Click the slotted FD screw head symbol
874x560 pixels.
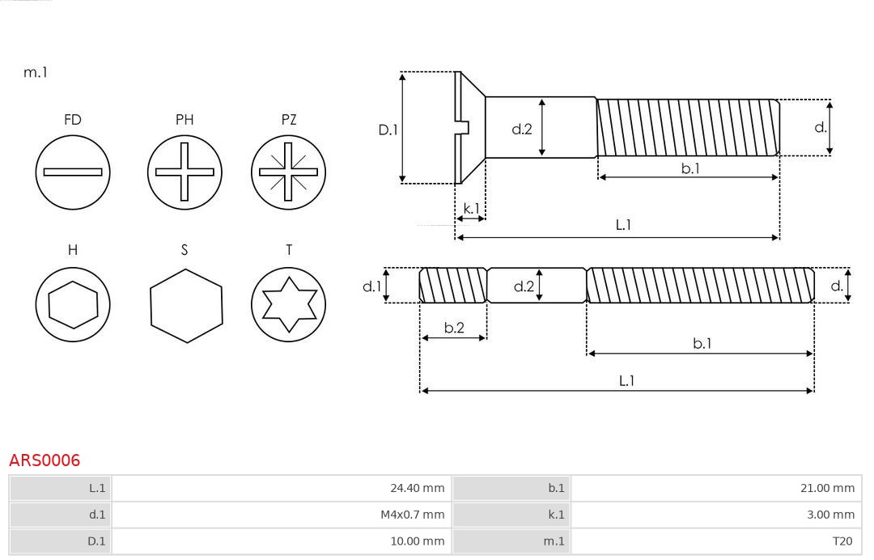[73, 172]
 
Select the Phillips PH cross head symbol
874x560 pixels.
[185, 172]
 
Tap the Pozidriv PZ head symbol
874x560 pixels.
[288, 172]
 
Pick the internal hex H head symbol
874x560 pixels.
[73, 304]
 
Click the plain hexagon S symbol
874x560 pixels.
[185, 304]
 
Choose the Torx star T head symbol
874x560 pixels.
[288, 304]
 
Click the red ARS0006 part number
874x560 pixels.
[45, 460]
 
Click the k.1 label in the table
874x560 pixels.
[556, 515]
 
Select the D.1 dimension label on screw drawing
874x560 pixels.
[388, 129]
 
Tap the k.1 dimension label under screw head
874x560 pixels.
[470, 209]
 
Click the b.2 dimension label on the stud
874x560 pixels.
[454, 328]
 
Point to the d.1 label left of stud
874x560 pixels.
[371, 286]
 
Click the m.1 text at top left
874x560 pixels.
[36, 72]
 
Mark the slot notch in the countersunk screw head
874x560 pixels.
[464, 126]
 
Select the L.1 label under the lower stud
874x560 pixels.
[626, 380]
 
